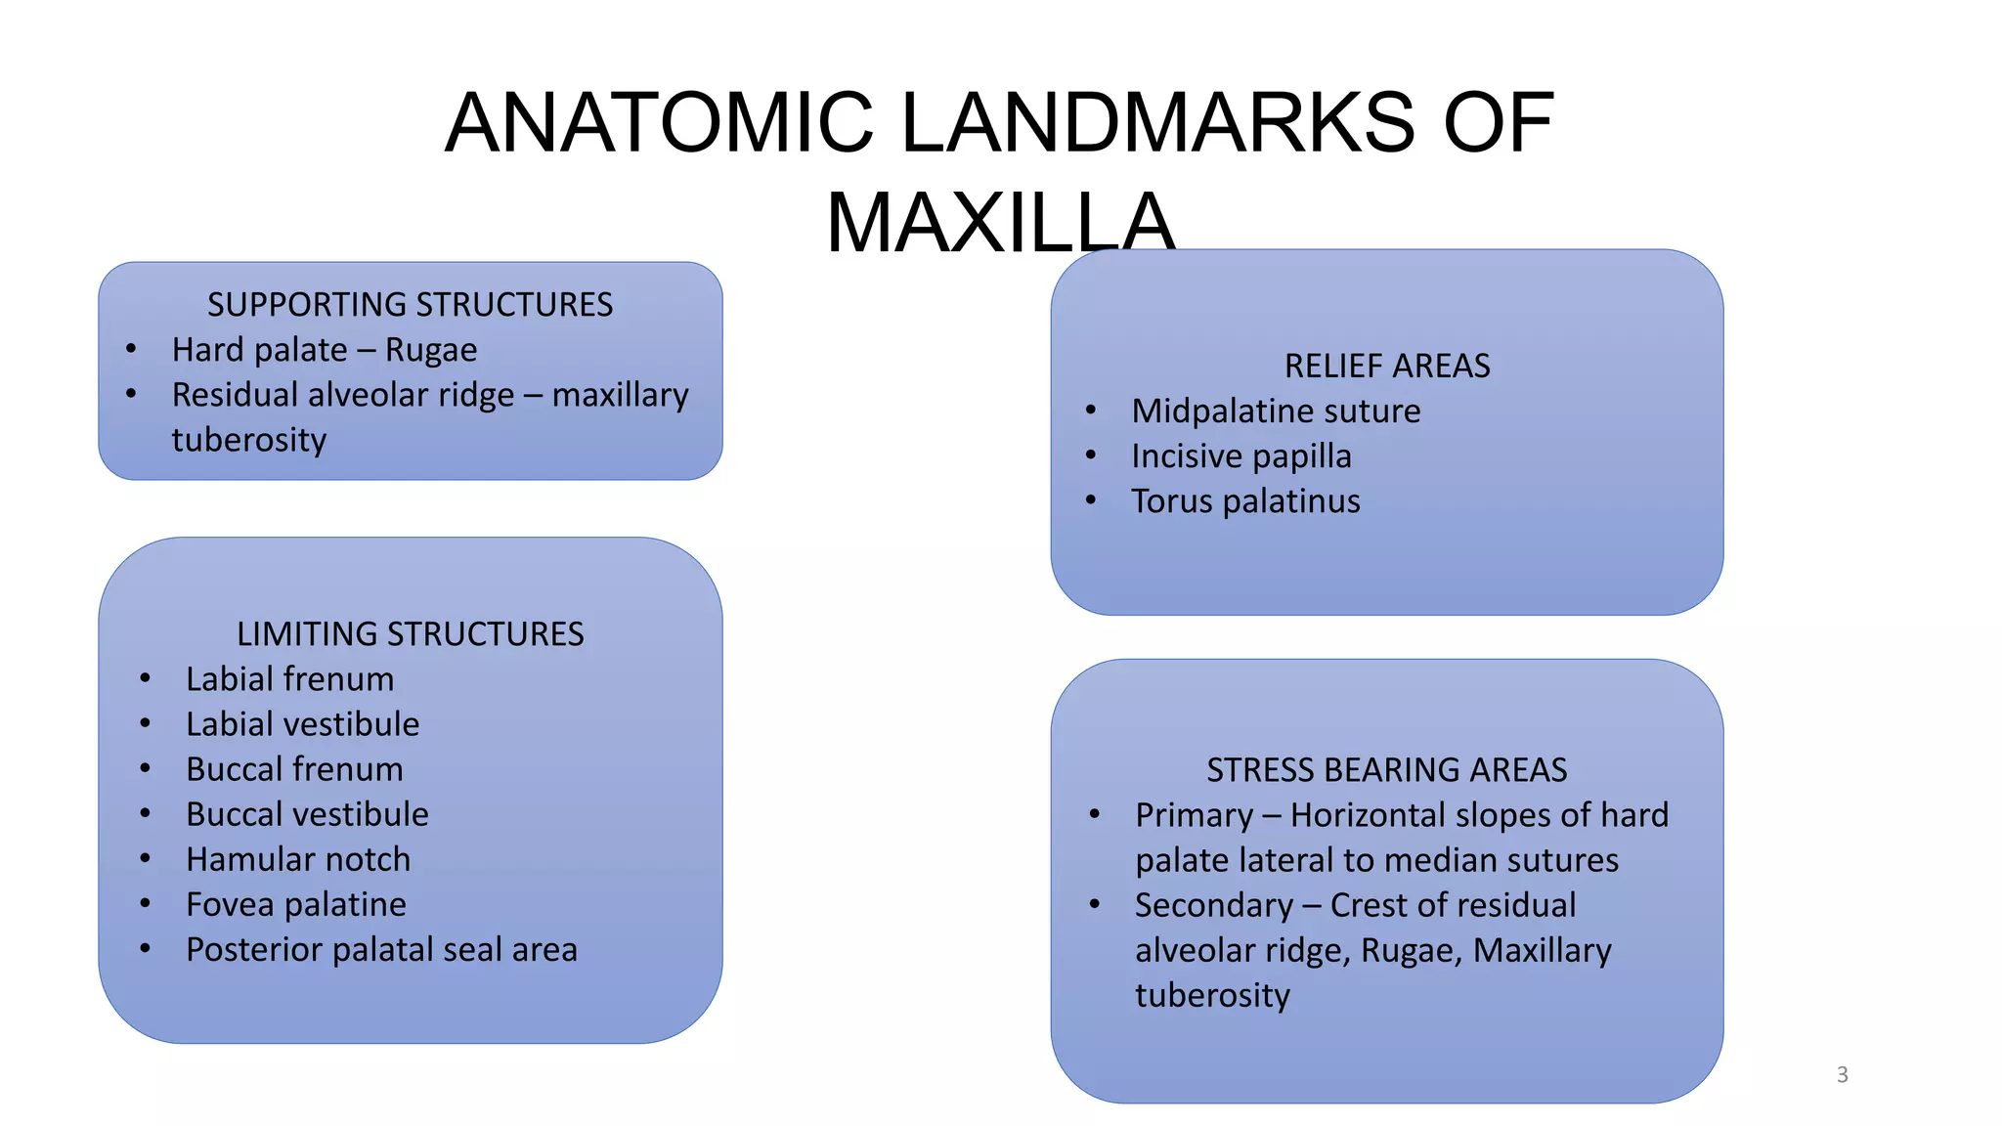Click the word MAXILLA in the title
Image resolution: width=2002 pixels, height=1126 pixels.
(1000, 223)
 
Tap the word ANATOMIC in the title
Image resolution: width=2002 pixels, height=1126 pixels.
(659, 123)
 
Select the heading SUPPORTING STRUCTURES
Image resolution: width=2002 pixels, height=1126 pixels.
(410, 305)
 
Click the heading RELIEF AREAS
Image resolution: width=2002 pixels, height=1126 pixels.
(1386, 366)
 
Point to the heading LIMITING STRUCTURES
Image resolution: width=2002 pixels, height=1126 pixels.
(410, 634)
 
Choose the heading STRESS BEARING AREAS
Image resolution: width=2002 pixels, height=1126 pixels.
(1386, 770)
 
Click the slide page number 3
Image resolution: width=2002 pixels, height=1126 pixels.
(1842, 1075)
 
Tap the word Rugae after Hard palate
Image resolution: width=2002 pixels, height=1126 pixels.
(431, 350)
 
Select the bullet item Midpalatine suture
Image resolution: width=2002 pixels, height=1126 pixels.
(1276, 411)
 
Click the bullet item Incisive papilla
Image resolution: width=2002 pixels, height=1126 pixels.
(1241, 456)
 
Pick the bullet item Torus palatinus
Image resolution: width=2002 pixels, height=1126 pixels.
(1245, 501)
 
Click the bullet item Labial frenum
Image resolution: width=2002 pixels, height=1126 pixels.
(290, 679)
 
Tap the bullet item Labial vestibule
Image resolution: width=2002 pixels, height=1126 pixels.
(303, 724)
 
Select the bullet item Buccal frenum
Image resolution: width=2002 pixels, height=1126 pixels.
(294, 769)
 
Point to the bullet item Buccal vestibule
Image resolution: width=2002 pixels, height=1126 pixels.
(307, 814)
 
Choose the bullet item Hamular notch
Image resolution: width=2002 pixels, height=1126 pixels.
(298, 859)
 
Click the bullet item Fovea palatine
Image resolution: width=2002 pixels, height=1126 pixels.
(296, 905)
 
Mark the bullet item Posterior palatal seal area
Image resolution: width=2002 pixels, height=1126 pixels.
(381, 950)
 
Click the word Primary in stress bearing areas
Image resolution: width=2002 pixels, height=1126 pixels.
(1194, 816)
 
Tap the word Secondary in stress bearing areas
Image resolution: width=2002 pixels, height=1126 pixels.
(1214, 906)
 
